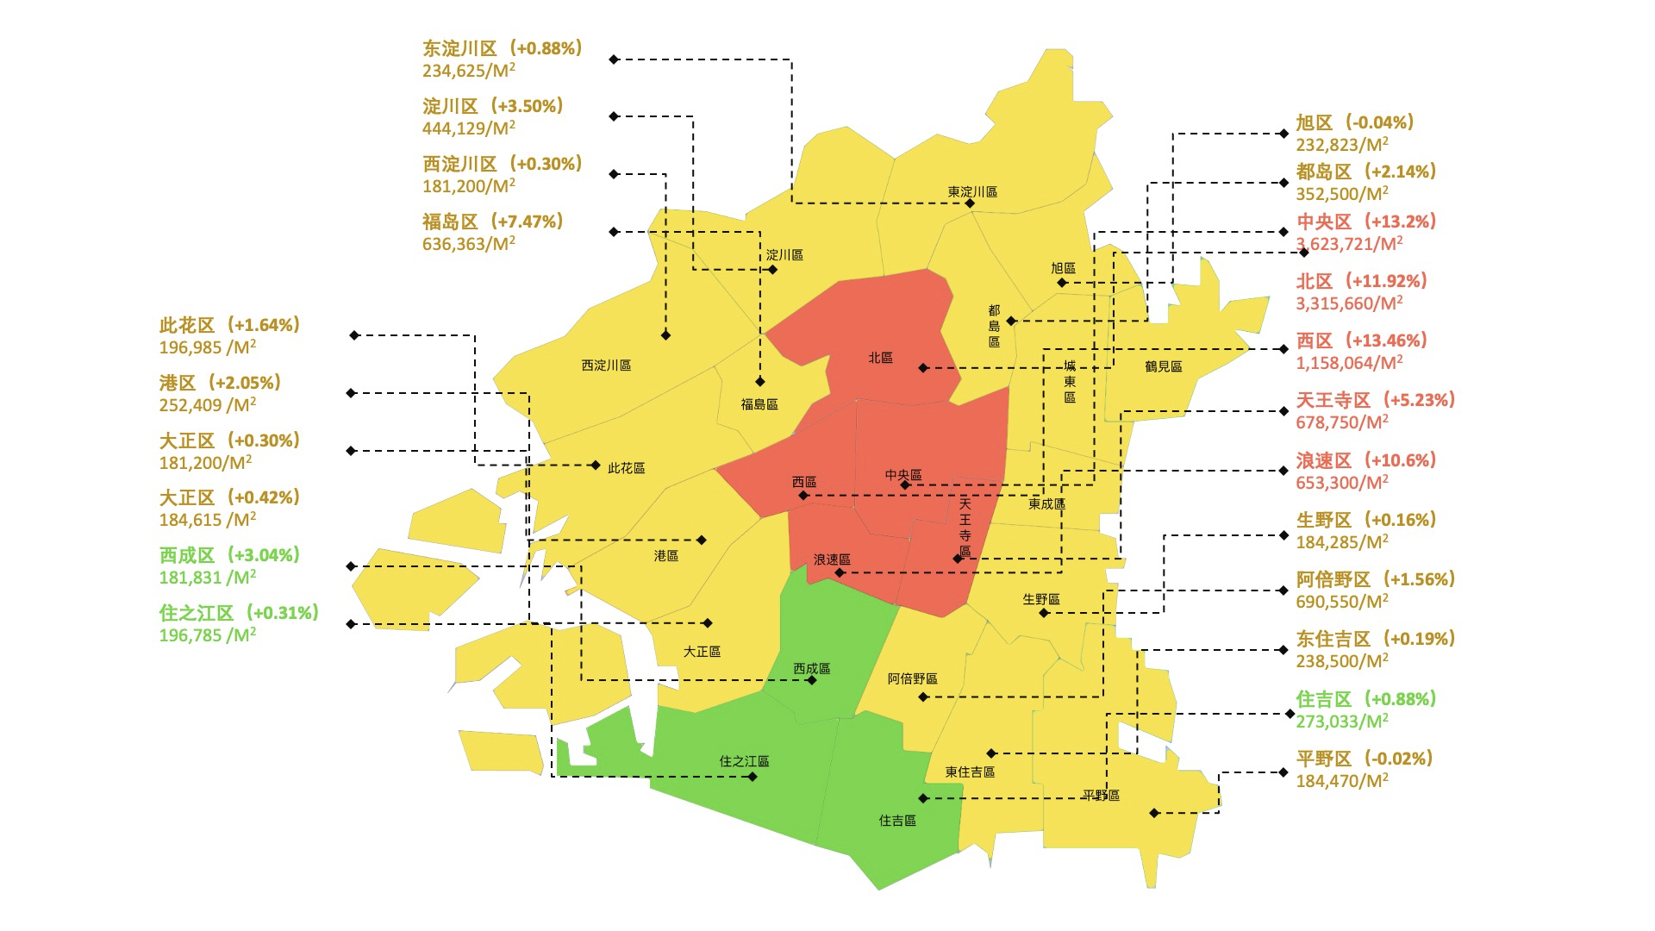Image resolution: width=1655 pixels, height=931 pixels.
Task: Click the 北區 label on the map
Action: click(x=880, y=358)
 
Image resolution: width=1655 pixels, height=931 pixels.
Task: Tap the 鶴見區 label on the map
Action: click(x=1163, y=366)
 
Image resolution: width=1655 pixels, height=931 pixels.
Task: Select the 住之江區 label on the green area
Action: click(x=744, y=761)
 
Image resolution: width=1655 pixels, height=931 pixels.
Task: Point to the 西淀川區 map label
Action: click(x=606, y=366)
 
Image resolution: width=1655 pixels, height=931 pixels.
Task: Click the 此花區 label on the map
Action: click(x=627, y=468)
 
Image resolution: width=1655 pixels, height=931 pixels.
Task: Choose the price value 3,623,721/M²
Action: click(x=1349, y=244)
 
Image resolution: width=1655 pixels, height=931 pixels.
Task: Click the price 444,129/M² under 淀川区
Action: click(x=468, y=128)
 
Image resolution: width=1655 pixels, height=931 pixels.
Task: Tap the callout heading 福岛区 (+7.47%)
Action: click(x=493, y=222)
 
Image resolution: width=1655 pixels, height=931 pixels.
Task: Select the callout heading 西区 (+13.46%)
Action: click(x=1362, y=341)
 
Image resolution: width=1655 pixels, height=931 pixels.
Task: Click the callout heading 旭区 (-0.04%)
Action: click(x=1355, y=122)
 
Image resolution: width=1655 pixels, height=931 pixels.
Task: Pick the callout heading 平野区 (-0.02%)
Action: click(x=1365, y=759)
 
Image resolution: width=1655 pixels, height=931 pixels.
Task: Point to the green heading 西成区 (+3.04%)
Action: click(x=229, y=555)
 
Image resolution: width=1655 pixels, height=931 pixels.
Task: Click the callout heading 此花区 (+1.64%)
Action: click(x=229, y=325)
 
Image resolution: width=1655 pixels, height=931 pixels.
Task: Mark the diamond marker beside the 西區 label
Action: click(x=803, y=496)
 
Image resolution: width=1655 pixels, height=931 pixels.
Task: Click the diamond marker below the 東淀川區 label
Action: click(x=970, y=203)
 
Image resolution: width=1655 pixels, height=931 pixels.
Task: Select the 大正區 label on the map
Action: click(x=702, y=652)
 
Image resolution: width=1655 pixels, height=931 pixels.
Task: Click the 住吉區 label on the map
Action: click(x=897, y=821)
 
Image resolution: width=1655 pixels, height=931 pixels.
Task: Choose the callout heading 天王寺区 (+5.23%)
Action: click(x=1376, y=400)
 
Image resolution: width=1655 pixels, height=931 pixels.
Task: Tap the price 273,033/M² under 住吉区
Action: click(x=1342, y=722)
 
